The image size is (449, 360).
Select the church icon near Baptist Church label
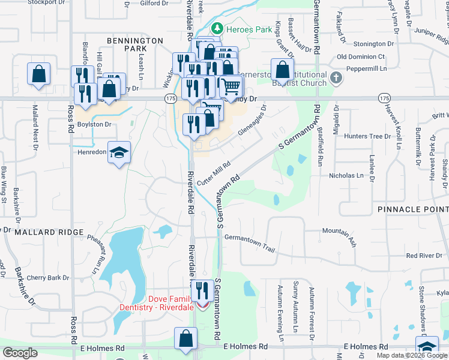336,77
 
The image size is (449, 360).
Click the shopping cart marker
231,86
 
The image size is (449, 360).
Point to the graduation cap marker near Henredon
119,152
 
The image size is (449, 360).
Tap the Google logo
20,353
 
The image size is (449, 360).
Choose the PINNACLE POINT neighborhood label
413,209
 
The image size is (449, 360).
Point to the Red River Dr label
424,256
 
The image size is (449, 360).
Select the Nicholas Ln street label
346,176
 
